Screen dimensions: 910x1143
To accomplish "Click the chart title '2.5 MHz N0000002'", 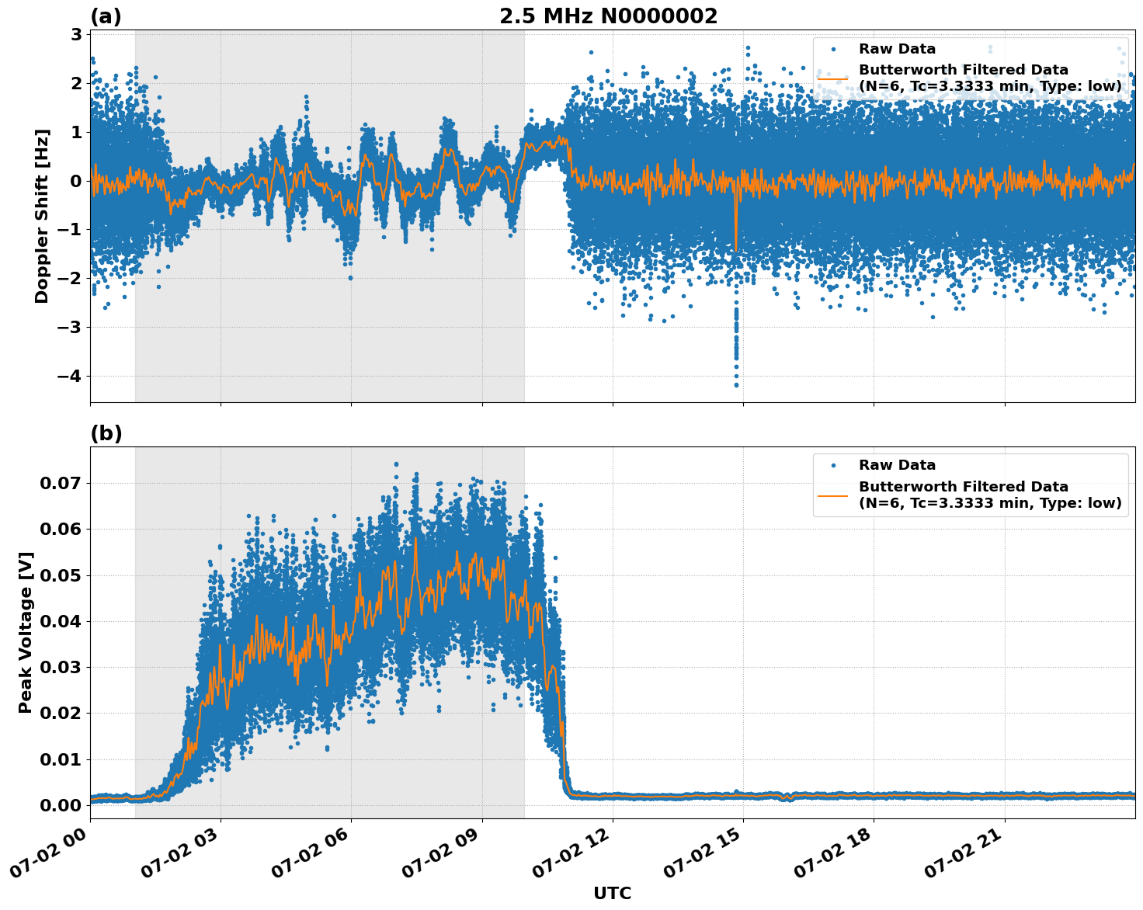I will click(608, 16).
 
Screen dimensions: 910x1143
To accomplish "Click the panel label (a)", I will click(106, 16).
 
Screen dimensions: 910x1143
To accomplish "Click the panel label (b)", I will click(106, 433).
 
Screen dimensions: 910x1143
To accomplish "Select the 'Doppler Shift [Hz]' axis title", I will click(42, 216).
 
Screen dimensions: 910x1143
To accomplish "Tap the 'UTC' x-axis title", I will click(612, 893).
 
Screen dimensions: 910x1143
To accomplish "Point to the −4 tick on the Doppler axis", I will click(71, 377).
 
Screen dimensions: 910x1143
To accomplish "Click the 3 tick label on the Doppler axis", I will click(76, 34).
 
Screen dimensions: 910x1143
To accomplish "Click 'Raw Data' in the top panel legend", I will click(897, 49).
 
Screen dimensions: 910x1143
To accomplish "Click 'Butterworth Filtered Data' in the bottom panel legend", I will click(963, 487).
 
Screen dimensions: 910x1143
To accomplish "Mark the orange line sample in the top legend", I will click(833, 78).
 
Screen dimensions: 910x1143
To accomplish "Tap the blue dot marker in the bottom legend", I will click(833, 466).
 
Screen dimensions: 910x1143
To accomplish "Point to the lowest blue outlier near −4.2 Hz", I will click(736, 385).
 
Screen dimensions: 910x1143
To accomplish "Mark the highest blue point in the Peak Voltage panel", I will click(396, 464).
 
